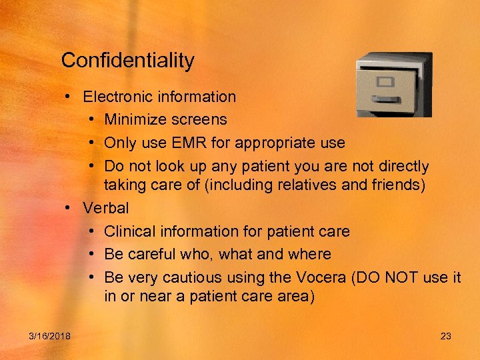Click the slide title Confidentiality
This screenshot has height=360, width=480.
click(127, 61)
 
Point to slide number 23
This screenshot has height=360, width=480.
click(446, 336)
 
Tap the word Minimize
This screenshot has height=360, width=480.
click(137, 120)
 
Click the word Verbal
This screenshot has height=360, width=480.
click(106, 208)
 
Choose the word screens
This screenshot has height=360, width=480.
click(201, 120)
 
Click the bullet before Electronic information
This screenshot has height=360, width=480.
click(69, 97)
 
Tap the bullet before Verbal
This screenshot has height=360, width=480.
click(69, 208)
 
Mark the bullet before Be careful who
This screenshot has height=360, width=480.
click(91, 255)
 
